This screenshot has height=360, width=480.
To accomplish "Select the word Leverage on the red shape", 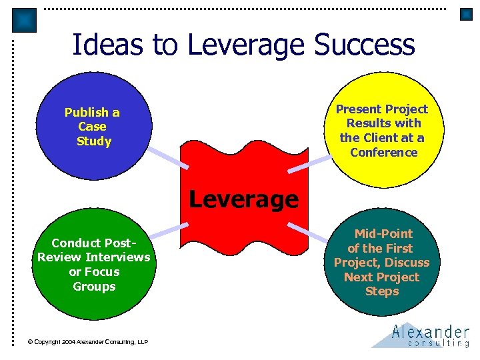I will click(243, 199).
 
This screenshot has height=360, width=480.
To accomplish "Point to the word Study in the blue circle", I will click(94, 141).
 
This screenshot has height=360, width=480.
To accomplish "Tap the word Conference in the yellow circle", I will click(383, 152).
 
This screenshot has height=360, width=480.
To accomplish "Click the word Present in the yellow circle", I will click(359, 109).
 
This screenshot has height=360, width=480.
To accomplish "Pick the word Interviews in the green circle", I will click(117, 257).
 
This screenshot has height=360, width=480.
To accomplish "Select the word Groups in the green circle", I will click(94, 286).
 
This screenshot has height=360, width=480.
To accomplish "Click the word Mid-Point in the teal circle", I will click(383, 233).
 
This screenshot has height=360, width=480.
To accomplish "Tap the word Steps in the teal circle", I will click(382, 291).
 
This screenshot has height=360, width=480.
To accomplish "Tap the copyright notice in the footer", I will click(87, 342).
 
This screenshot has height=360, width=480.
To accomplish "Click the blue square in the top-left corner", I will click(25, 21).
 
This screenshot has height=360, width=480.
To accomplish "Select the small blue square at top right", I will click(466, 14).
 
